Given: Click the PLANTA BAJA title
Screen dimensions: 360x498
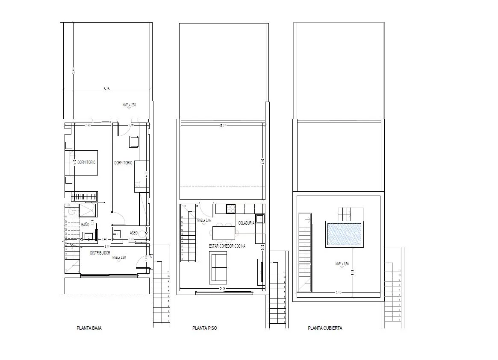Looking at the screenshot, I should coord(89,328).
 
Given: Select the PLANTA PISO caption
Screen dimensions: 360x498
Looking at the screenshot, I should coord(204,328).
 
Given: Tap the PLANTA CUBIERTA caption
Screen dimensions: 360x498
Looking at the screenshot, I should coord(325,328).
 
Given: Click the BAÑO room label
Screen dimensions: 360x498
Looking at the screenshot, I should coord(85,225).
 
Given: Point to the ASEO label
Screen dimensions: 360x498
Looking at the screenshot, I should coord(133,233).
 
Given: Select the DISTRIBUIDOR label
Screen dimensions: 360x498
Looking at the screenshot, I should coord(100,253).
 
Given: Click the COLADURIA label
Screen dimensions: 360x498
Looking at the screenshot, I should coord(246,223).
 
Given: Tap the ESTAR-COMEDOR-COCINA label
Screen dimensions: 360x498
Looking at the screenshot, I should coord(227,246).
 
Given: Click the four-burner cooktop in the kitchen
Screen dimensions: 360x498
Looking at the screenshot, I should coord(231,208).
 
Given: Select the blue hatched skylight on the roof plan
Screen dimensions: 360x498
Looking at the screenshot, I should coord(344,234).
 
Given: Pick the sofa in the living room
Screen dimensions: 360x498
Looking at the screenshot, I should coord(218,268).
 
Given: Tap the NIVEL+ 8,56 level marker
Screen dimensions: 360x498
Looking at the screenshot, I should coord(342,264).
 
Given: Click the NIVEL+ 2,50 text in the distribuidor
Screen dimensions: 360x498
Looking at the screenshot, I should coord(119,258).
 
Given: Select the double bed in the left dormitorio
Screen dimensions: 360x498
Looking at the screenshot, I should coord(82,163).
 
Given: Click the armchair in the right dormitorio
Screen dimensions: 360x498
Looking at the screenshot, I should coord(134,142).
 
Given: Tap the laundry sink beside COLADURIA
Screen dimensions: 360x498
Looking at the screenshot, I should coord(260,219).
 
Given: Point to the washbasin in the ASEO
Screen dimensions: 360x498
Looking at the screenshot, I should coord(117,234).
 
